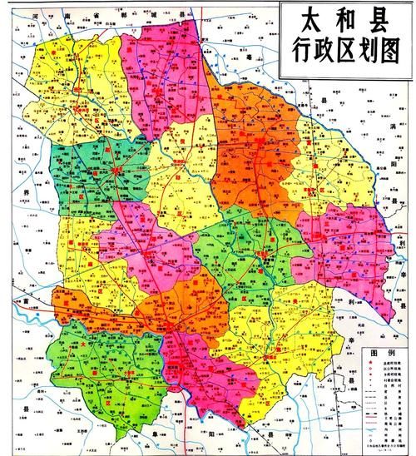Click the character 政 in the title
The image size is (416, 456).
point(319,53)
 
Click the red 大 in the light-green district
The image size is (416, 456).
point(83,343)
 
